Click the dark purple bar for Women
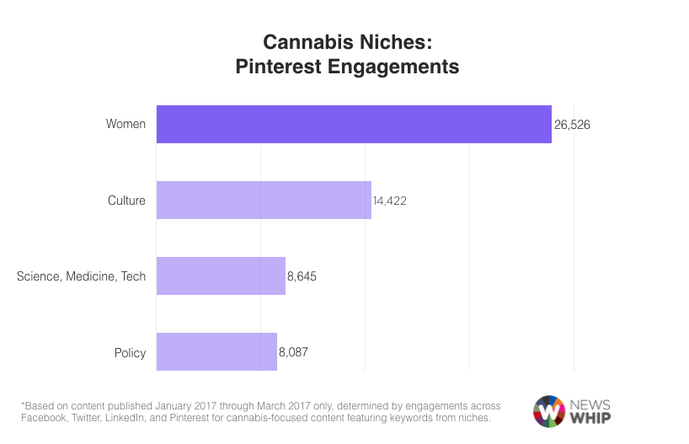354,124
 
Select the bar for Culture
264,201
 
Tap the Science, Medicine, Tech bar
221,276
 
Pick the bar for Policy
216,352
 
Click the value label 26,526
572,125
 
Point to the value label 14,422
390,201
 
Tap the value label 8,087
293,352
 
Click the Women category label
126,125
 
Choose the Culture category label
126,201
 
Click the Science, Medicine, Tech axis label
81,276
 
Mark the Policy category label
130,352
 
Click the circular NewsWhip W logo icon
549,411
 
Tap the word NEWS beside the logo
591,404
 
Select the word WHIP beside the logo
590,419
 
